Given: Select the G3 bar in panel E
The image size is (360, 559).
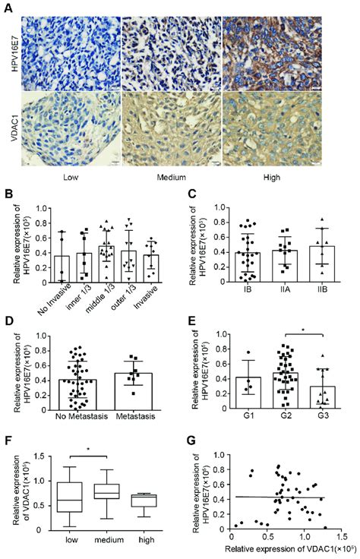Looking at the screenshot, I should pos(302,402).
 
